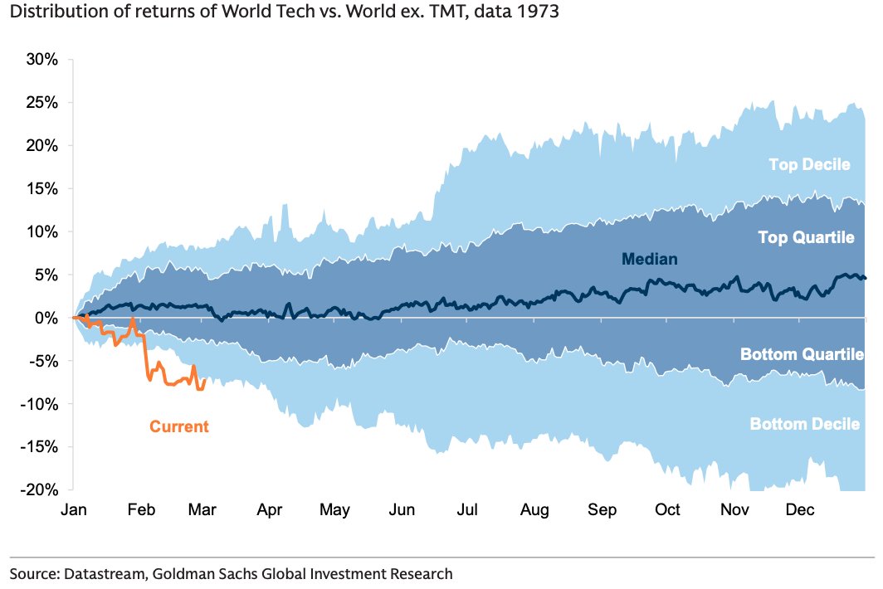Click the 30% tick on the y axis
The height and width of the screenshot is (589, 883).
[x=41, y=60]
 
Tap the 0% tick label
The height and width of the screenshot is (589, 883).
[x=45, y=318]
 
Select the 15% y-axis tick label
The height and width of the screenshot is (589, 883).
[x=41, y=188]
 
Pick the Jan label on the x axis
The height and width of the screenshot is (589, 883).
[x=74, y=510]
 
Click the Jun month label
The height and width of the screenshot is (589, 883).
[x=402, y=510]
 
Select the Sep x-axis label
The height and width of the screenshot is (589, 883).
[x=602, y=510]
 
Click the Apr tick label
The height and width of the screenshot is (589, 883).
[x=269, y=510]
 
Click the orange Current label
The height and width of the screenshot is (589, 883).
[x=179, y=427]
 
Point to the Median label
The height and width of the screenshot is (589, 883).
[x=650, y=260]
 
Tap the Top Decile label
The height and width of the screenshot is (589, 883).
[x=809, y=164]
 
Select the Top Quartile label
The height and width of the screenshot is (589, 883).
[x=806, y=238]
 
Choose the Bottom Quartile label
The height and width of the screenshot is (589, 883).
[x=802, y=355]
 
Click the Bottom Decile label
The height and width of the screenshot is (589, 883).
[x=804, y=424]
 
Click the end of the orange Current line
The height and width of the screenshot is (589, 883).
[x=205, y=380]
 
